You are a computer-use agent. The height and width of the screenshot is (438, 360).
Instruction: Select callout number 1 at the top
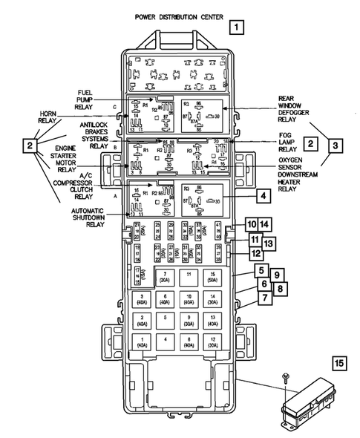236,30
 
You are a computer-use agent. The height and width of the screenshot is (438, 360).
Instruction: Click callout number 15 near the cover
338,363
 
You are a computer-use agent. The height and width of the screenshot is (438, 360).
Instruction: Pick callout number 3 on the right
337,146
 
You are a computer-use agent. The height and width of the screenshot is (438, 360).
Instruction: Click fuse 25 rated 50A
213,278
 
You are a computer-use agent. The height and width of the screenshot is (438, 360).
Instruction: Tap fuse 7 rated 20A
164,278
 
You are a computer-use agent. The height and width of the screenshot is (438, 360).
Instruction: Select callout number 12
255,254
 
